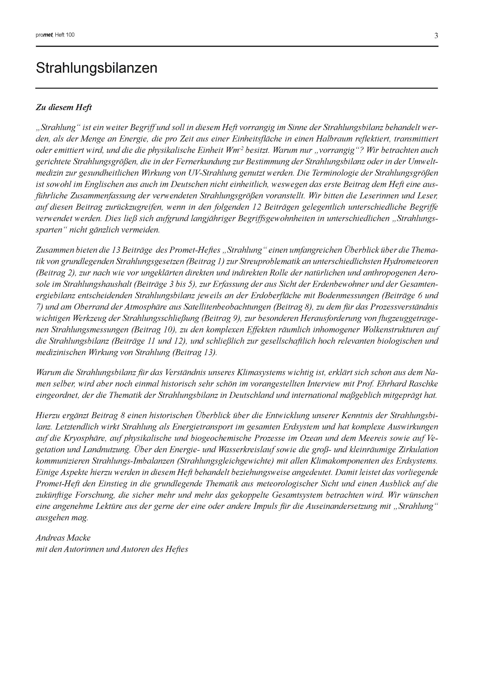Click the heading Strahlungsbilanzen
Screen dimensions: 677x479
click(96, 68)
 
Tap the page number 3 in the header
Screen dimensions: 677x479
click(436, 36)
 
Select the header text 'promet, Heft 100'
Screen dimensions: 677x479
click(55, 35)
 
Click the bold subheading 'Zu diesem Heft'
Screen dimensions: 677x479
click(64, 107)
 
